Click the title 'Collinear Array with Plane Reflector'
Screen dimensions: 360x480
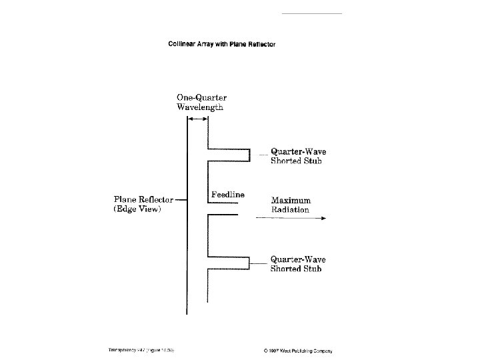pos(221,45)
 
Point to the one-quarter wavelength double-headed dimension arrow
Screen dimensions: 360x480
pos(197,119)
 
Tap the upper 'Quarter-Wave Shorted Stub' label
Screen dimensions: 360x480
pos(298,156)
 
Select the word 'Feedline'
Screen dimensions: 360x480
pos(228,195)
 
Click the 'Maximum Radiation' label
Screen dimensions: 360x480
pos(291,205)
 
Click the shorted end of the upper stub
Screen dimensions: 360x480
pos(250,155)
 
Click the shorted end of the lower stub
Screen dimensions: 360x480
pos(250,263)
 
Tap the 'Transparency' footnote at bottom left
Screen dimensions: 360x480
pos(141,350)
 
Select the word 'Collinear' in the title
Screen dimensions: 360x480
pos(182,45)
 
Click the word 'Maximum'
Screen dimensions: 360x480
pos(291,201)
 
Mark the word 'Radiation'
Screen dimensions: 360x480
pos(290,210)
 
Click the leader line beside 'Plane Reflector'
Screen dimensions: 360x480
pos(181,199)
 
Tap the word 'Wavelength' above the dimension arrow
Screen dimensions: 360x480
pos(199,107)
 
